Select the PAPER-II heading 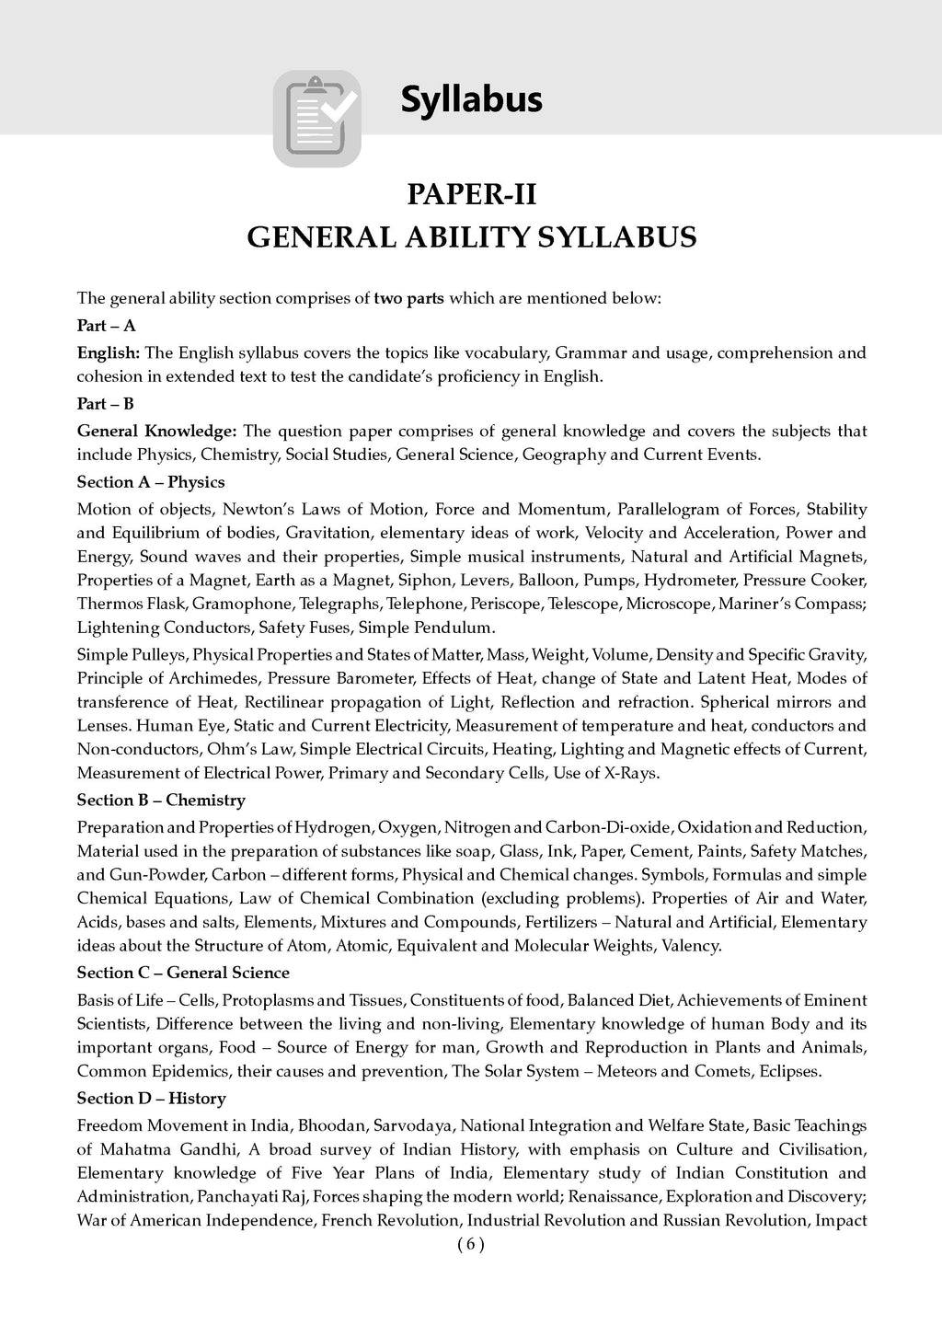pyautogui.click(x=471, y=196)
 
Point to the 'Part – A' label pyautogui.click(x=106, y=325)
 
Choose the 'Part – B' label pyautogui.click(x=106, y=403)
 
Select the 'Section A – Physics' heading pyautogui.click(x=151, y=482)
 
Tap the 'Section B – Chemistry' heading pyautogui.click(x=161, y=801)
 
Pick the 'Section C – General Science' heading pyautogui.click(x=183, y=973)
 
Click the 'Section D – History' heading pyautogui.click(x=151, y=1099)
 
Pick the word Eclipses pyautogui.click(x=787, y=1071)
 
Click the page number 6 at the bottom pyautogui.click(x=470, y=1245)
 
